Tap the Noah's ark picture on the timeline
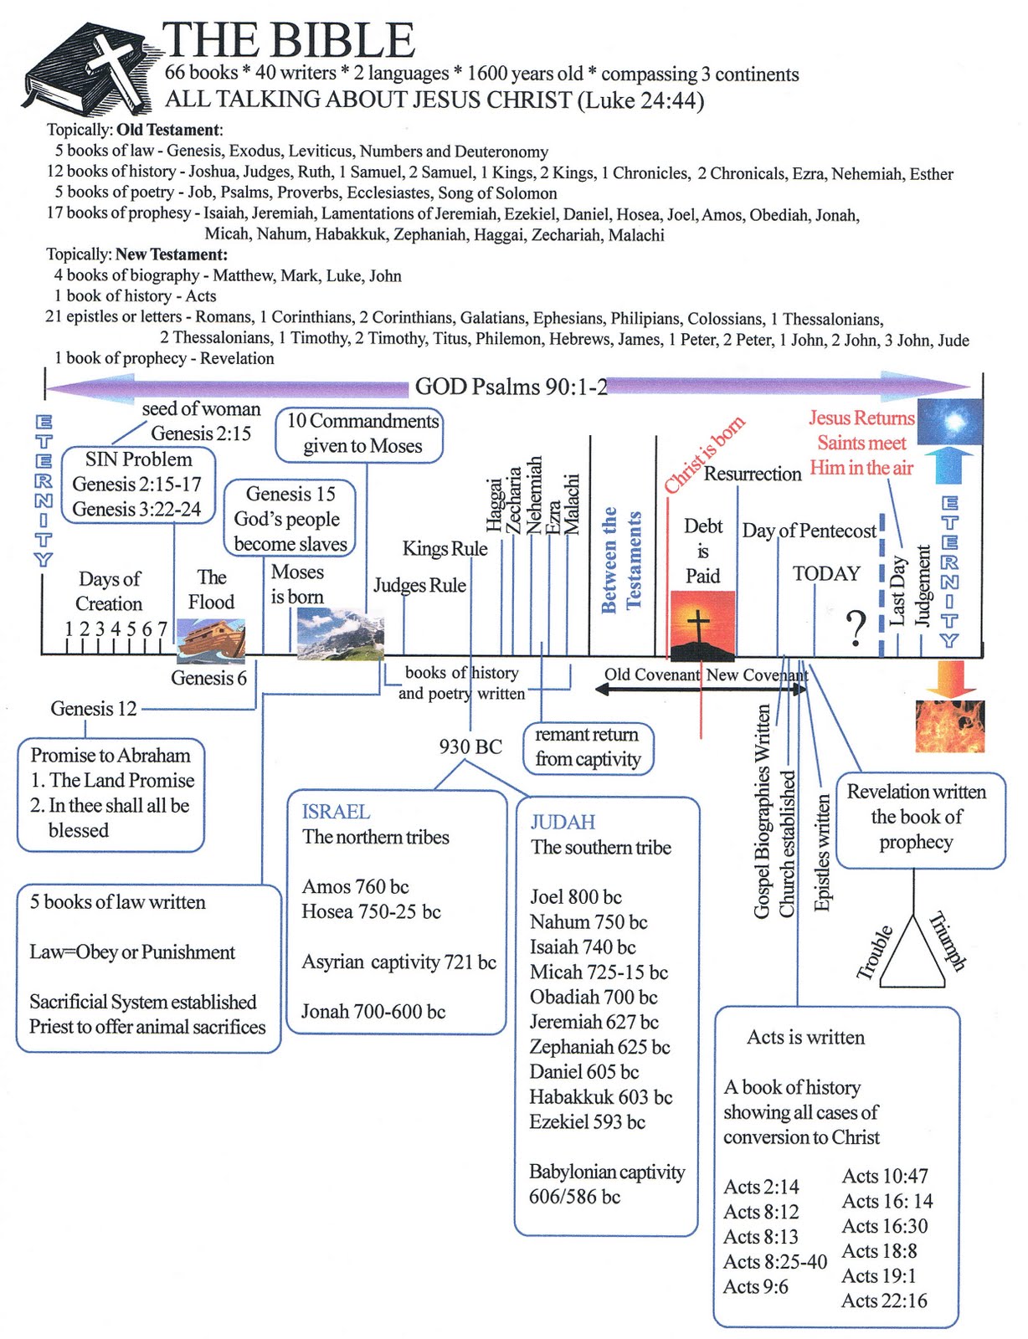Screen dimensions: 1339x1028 211,640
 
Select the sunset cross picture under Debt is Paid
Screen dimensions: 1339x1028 702,624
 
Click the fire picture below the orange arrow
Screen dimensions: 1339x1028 950,726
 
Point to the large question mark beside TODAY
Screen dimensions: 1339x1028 855,628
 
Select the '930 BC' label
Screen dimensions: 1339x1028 470,746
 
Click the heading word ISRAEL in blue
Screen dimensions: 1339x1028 336,812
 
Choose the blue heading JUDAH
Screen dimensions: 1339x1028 563,822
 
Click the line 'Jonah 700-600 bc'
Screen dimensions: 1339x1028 373,1012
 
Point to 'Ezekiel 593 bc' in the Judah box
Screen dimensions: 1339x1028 587,1122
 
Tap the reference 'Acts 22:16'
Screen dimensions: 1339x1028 884,1301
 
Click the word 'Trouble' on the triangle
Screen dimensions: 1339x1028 876,952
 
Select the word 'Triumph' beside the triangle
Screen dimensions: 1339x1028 948,941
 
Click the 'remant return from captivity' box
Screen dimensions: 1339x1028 588,747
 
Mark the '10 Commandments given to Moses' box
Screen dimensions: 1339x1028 362,434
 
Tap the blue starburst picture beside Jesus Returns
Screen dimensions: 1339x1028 950,421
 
